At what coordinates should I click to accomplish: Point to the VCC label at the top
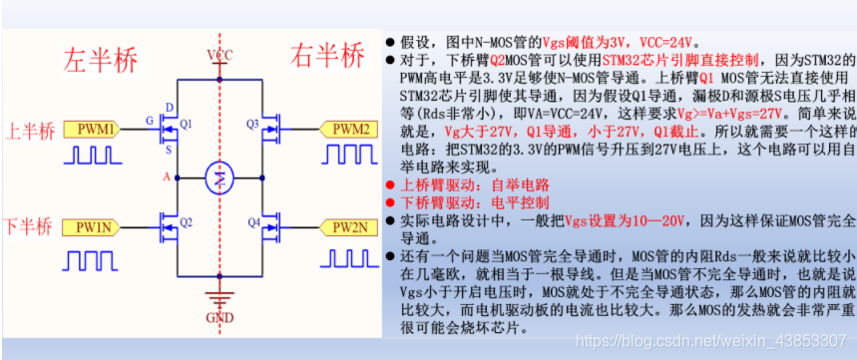pos(219,54)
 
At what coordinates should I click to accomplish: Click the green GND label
pos(219,319)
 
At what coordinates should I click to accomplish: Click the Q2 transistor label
pos(186,221)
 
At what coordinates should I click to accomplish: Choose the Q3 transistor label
pos(252,123)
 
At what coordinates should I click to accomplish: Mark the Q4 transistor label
pos(254,221)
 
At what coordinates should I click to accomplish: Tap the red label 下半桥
pos(27,226)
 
